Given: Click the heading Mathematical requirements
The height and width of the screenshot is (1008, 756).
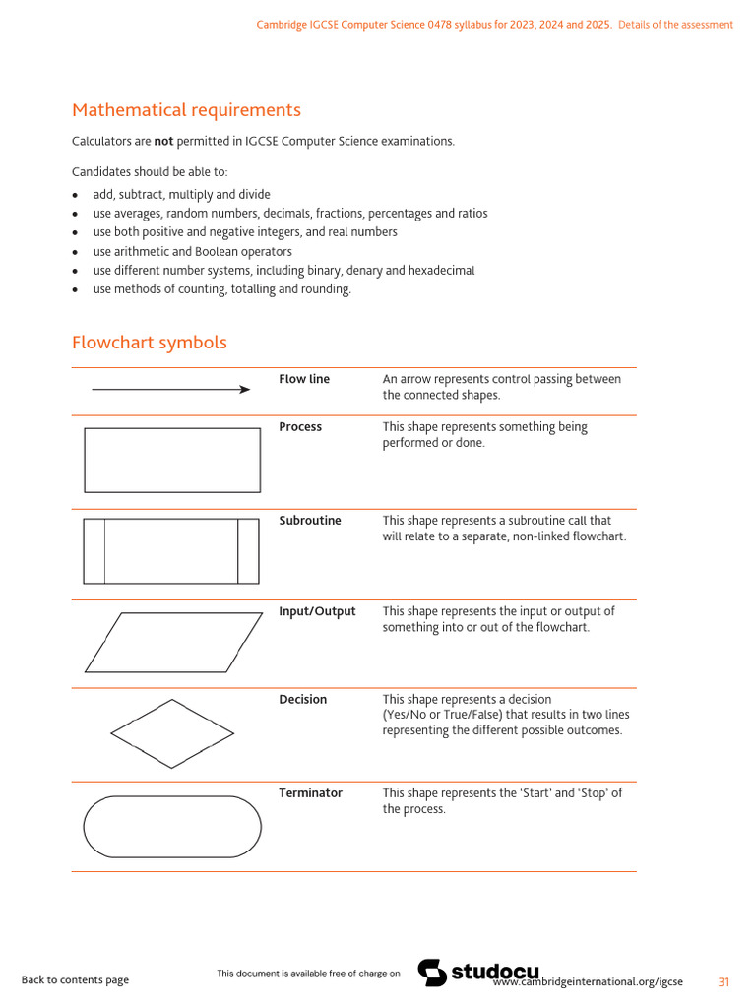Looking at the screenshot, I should point(186,110).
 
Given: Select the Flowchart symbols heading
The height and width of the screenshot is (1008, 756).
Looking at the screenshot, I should point(149,343).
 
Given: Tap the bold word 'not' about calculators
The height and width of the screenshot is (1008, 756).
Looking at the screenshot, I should point(163,141).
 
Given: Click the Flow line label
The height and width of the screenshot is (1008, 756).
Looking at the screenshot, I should point(304,379).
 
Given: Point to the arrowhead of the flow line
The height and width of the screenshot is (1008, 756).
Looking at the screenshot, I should point(245,390).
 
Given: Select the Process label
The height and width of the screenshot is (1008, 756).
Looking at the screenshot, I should point(300,427).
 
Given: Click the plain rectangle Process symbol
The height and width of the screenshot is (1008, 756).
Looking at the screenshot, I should point(172,460).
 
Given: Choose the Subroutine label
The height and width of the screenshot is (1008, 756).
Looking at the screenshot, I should point(310,521).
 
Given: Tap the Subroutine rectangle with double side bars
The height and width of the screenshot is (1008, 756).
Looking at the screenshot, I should point(172,551).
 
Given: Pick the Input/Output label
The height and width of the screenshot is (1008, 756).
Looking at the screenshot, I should point(317,611).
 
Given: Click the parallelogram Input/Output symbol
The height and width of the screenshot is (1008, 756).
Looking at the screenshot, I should point(172,642).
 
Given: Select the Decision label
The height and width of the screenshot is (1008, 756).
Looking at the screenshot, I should point(303,700).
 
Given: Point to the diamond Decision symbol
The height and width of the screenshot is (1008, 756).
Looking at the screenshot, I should point(172,733).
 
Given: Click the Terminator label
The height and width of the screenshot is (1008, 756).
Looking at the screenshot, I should point(311,793).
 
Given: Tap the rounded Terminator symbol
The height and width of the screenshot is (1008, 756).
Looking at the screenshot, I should point(172,827).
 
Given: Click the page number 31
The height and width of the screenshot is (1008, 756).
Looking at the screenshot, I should point(724,981).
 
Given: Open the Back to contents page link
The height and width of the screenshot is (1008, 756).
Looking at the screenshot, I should point(75,980).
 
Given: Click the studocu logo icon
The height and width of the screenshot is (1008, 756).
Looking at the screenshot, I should point(432,973).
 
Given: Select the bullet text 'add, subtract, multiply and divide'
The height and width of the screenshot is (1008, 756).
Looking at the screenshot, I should point(181,195).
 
